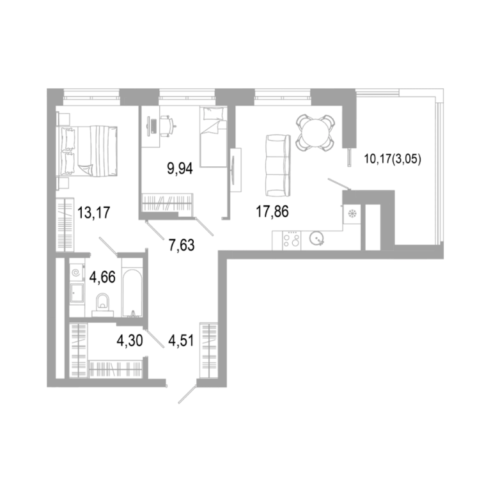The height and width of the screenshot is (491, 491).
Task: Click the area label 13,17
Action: click(94, 213)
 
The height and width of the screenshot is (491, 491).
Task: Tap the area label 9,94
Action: click(180, 169)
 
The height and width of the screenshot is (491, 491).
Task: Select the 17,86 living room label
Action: click(272, 212)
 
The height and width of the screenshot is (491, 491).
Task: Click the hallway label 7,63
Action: click(182, 245)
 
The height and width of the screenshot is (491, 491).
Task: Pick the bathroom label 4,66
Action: click(102, 277)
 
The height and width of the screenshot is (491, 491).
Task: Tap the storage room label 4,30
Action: click(130, 341)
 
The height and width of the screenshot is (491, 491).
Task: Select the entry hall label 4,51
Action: click(182, 341)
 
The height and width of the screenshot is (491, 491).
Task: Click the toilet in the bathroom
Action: click(102, 304)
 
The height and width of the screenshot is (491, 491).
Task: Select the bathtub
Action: click(132, 293)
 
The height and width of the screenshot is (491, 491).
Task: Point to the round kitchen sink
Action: click(316, 240)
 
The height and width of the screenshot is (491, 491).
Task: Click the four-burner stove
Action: click(292, 240)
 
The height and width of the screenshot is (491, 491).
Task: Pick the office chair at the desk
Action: click(168, 125)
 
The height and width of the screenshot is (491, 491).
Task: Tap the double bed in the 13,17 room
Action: click(86, 151)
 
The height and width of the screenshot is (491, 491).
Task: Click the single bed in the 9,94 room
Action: click(213, 137)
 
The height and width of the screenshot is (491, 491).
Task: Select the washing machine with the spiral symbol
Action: click(77, 273)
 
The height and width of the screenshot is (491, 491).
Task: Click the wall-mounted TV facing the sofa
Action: click(235, 169)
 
